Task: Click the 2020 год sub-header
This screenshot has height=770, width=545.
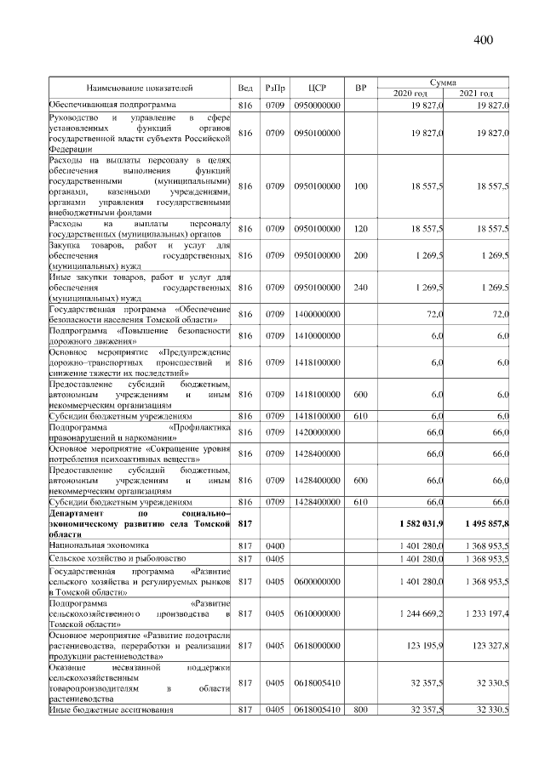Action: (410, 93)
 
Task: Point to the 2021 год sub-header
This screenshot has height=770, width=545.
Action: (477, 93)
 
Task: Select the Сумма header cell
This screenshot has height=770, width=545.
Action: (444, 82)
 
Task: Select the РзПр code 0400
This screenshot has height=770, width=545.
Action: (274, 544)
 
